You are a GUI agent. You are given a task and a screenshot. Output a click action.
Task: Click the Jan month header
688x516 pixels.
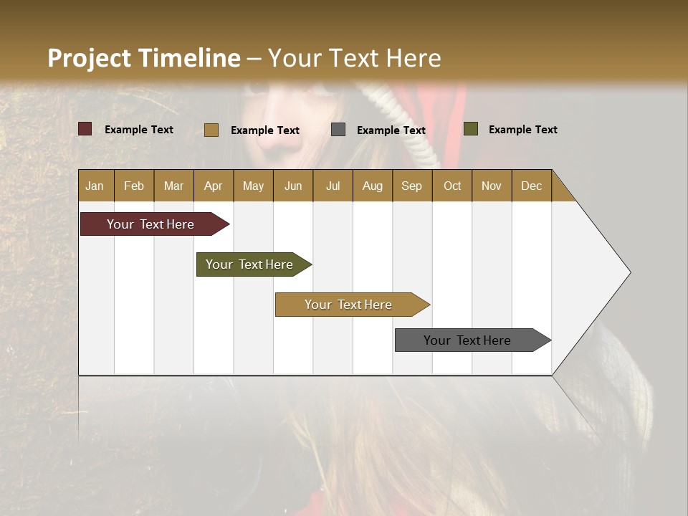click(x=95, y=186)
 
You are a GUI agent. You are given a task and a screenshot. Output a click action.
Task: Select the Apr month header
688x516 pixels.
click(x=213, y=186)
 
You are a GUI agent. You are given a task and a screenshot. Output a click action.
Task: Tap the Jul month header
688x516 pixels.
click(x=333, y=186)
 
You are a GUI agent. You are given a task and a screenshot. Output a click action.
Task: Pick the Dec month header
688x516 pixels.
click(x=531, y=186)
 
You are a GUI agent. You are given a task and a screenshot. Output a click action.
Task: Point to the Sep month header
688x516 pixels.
click(x=411, y=186)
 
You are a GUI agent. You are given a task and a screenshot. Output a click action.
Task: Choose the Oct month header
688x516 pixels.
click(x=451, y=186)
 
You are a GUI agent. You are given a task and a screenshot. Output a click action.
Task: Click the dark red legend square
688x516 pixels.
click(x=85, y=129)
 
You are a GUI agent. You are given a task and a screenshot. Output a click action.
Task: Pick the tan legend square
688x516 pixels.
click(x=211, y=130)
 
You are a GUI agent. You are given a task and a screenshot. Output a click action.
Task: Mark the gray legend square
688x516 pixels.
click(x=338, y=130)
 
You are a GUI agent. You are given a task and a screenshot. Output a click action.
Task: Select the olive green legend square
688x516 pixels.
click(x=470, y=129)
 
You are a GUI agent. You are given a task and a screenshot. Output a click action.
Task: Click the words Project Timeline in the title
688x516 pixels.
click(x=143, y=58)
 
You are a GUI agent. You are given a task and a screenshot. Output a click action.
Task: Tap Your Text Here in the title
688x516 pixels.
click(x=354, y=58)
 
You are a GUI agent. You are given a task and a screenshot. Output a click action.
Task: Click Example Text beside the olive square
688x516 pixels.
click(x=522, y=130)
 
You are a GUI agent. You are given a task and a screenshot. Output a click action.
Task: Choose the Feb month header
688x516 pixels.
click(x=134, y=186)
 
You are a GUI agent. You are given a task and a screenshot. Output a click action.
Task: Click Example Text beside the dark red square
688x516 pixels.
click(x=138, y=130)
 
